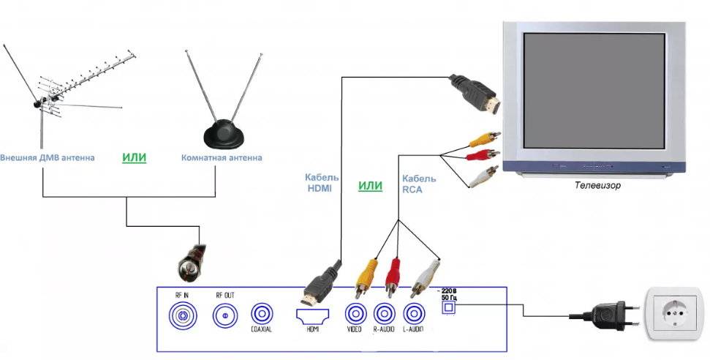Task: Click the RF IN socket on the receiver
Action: (x=181, y=316)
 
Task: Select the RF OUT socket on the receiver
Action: (x=224, y=316)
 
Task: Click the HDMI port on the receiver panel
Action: (x=312, y=315)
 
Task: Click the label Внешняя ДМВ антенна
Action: (x=47, y=158)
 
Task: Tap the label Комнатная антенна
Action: (x=222, y=158)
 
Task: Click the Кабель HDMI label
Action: (x=319, y=183)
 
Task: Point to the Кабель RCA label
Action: (x=419, y=183)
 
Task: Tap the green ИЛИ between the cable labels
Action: (x=370, y=186)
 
